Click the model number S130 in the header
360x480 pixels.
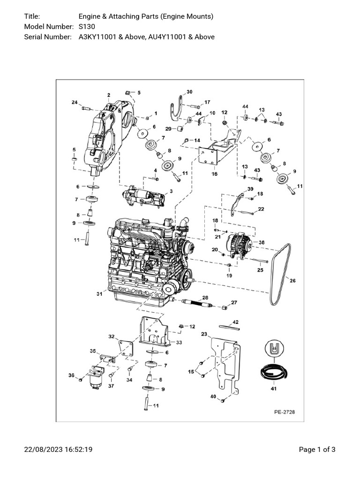(x=87, y=27)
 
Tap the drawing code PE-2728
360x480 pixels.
(x=285, y=412)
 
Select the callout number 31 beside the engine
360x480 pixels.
(x=99, y=294)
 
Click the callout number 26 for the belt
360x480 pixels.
(x=293, y=281)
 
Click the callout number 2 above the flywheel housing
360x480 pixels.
(x=108, y=95)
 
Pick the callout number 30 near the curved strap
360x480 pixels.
(x=189, y=92)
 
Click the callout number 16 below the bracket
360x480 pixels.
(x=214, y=174)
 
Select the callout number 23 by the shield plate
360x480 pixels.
(x=204, y=334)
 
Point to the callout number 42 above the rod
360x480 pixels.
(x=236, y=322)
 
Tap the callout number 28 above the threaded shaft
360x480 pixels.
(x=205, y=298)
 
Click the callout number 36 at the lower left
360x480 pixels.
(x=72, y=375)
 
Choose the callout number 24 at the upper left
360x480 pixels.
(x=74, y=102)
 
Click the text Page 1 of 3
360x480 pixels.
(x=317, y=450)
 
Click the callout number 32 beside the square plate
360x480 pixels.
(x=111, y=336)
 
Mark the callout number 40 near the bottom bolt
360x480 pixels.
(x=213, y=397)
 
